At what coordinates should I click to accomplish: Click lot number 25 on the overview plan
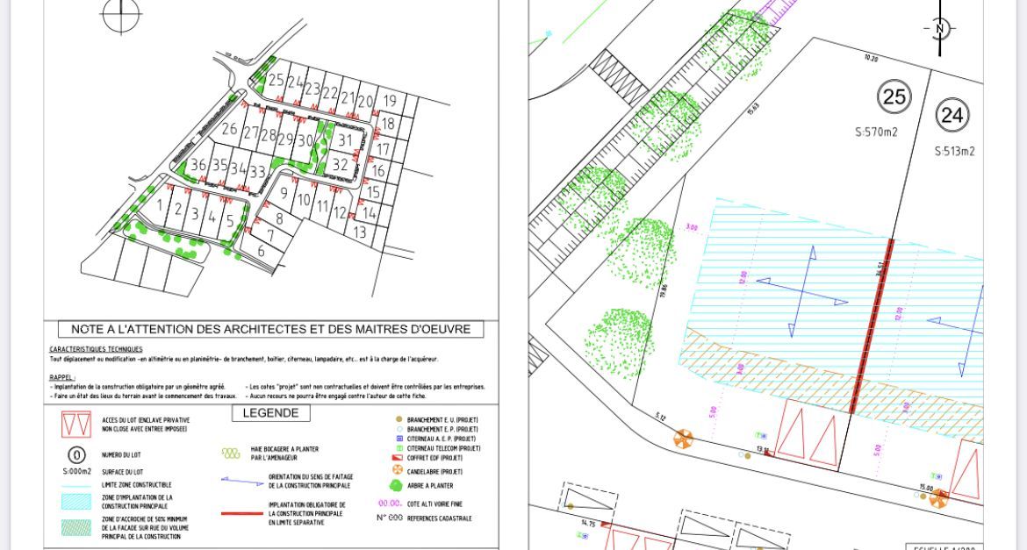tap(276, 81)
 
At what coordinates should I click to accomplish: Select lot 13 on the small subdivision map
tap(360, 232)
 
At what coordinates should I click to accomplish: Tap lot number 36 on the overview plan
tap(198, 165)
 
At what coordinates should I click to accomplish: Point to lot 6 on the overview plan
tap(262, 251)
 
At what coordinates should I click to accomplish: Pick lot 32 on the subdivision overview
tap(340, 164)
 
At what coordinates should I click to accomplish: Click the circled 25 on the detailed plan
tap(894, 96)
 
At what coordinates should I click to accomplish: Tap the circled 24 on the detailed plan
tap(952, 115)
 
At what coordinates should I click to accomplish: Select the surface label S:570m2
tap(876, 132)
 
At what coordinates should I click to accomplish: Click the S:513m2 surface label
tap(954, 151)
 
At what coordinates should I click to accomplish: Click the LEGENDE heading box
tap(270, 413)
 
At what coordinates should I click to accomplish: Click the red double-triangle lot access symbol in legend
tap(76, 425)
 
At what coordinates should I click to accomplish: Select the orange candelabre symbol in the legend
tap(398, 470)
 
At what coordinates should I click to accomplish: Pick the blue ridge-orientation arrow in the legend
tap(241, 480)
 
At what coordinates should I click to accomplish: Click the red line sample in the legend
tap(241, 513)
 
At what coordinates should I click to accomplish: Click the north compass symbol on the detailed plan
tap(939, 29)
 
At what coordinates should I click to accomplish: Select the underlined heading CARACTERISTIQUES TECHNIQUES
tap(96, 349)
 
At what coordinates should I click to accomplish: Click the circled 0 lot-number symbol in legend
tap(76, 455)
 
